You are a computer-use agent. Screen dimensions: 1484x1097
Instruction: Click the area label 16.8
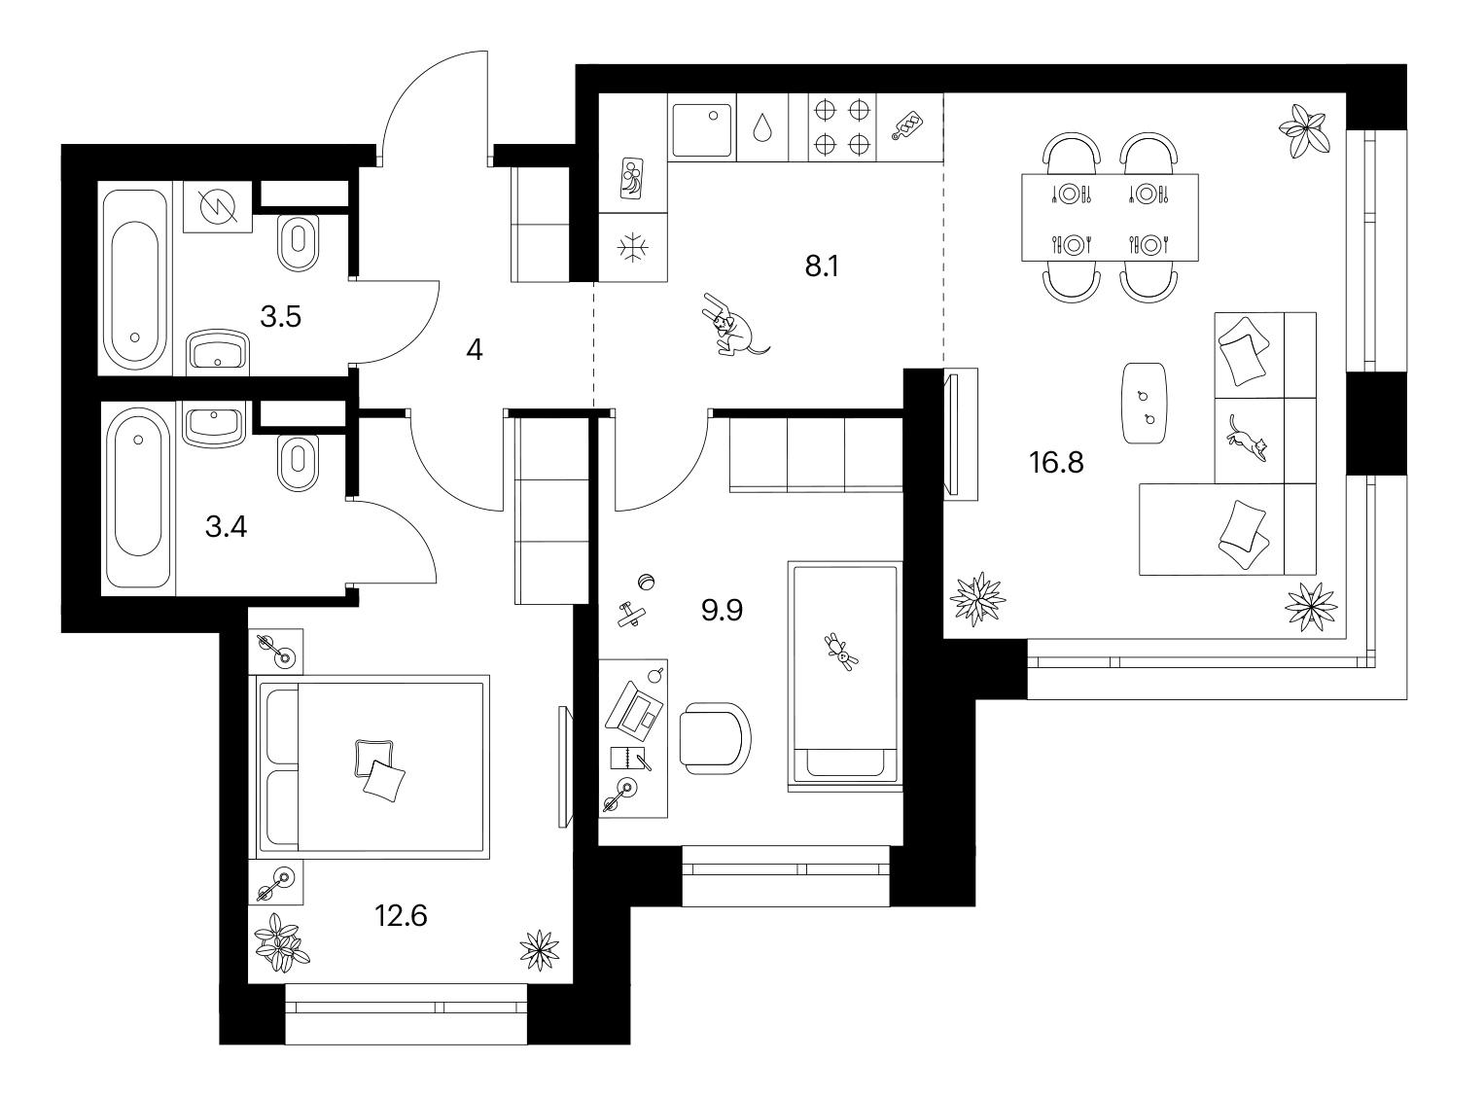1056,463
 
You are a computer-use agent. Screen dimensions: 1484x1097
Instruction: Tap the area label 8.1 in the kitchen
822,266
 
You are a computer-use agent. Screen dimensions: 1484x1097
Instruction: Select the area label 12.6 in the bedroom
401,915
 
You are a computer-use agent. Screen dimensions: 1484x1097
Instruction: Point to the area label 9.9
722,610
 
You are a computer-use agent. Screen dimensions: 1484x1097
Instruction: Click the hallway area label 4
475,349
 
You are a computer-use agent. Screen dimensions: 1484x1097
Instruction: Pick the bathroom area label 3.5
280,317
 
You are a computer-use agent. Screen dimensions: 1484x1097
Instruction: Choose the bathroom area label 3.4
227,527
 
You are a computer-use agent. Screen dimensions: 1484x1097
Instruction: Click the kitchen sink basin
701,129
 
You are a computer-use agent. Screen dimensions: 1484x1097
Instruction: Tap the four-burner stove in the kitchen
842,127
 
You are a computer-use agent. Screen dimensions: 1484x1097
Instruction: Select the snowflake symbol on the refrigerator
633,248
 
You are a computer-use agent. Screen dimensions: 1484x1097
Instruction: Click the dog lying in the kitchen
734,325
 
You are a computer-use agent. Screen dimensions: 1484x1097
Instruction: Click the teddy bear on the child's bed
841,652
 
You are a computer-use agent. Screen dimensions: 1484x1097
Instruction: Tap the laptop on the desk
634,707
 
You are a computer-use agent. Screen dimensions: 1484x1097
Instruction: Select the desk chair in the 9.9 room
715,738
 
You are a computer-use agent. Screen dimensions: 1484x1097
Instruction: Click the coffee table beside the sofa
1145,403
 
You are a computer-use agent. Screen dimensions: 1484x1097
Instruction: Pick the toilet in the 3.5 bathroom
298,243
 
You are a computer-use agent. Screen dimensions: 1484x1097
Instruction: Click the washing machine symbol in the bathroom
218,206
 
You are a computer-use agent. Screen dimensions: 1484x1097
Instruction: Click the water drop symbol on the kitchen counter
762,127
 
